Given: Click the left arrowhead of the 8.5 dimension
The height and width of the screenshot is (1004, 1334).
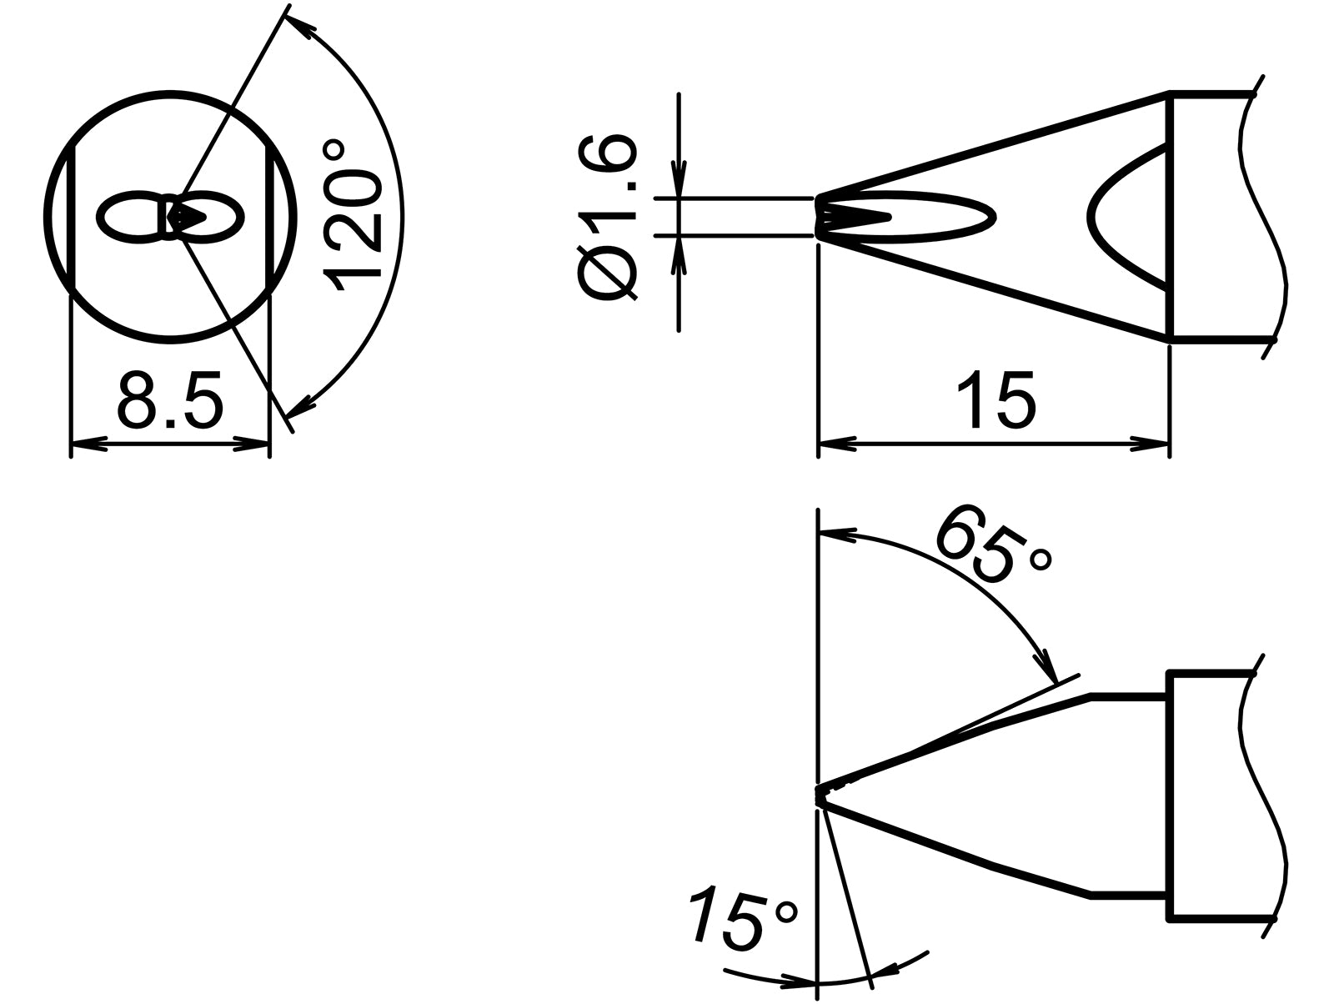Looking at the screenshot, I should [x=87, y=445].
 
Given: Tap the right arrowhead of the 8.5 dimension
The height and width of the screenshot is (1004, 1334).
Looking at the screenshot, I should [x=253, y=445].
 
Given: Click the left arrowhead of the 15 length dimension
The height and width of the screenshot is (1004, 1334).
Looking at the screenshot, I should [x=836, y=445].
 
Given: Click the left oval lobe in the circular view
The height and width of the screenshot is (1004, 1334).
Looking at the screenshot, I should [x=129, y=218].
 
